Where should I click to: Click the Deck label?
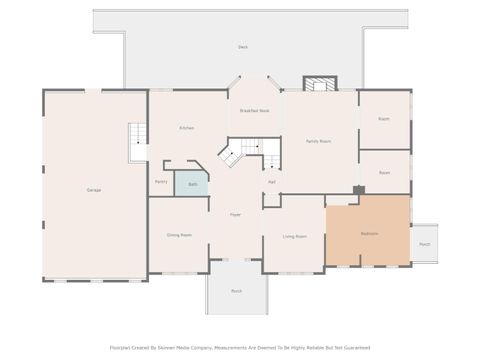click(x=242, y=47)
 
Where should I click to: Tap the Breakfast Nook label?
click(x=255, y=111)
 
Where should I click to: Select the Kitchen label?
click(x=187, y=128)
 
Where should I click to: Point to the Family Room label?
click(x=318, y=142)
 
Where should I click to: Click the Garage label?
click(x=93, y=189)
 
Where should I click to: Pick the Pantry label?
click(x=161, y=181)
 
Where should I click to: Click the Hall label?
click(x=272, y=181)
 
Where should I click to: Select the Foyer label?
click(x=236, y=214)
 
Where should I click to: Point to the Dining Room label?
click(x=179, y=234)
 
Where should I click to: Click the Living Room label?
click(x=294, y=236)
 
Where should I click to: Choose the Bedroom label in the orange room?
click(x=369, y=233)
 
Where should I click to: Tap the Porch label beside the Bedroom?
click(x=424, y=243)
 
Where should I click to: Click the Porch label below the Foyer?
click(x=236, y=291)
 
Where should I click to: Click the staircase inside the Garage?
click(x=137, y=142)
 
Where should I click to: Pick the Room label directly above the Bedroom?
click(x=384, y=172)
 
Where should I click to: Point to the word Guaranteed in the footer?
click(x=350, y=347)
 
